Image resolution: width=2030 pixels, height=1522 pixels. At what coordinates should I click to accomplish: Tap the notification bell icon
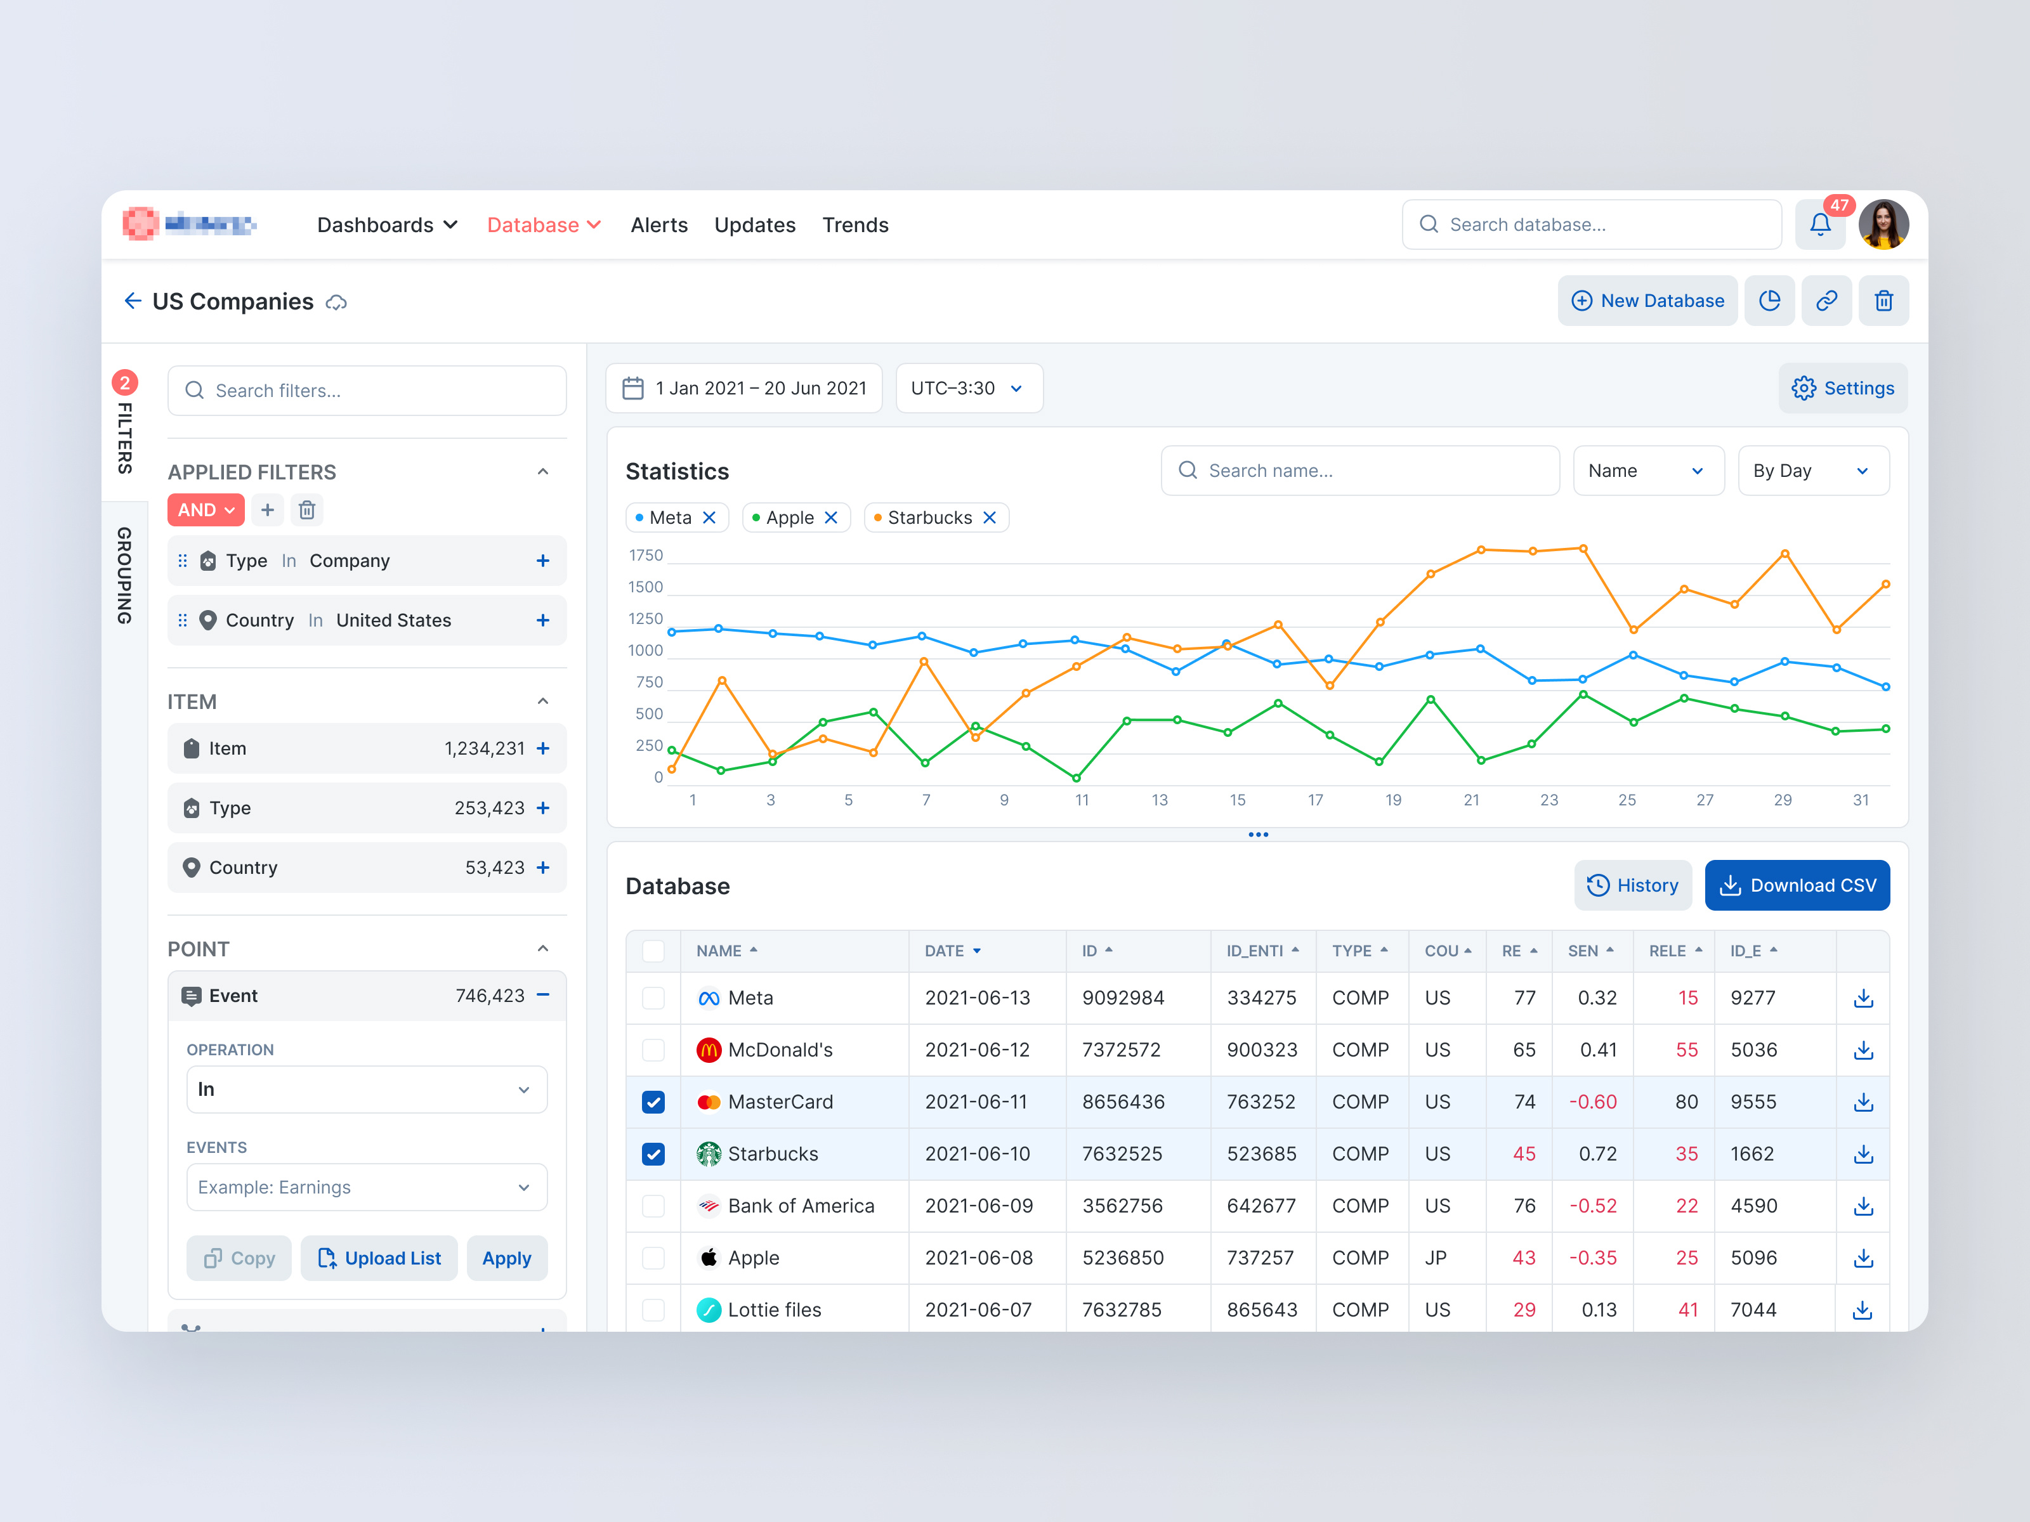1820,224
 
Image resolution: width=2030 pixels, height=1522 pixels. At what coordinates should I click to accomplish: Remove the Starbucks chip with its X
989,517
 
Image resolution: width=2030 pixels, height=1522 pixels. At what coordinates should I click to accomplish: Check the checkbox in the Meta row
653,998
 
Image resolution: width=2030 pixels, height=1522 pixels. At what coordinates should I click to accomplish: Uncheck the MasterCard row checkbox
653,1102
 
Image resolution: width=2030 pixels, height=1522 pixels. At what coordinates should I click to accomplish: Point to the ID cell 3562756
1122,1206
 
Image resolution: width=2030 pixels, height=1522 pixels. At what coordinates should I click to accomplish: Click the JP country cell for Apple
1436,1258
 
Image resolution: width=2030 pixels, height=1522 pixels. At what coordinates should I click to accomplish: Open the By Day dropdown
1812,471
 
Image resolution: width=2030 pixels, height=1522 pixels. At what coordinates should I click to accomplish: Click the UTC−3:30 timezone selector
968,388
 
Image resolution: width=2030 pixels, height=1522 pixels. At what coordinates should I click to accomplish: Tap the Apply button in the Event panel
507,1258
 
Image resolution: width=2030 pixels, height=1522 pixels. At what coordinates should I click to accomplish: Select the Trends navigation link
855,224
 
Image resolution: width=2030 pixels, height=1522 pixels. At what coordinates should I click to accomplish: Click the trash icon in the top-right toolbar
1883,301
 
